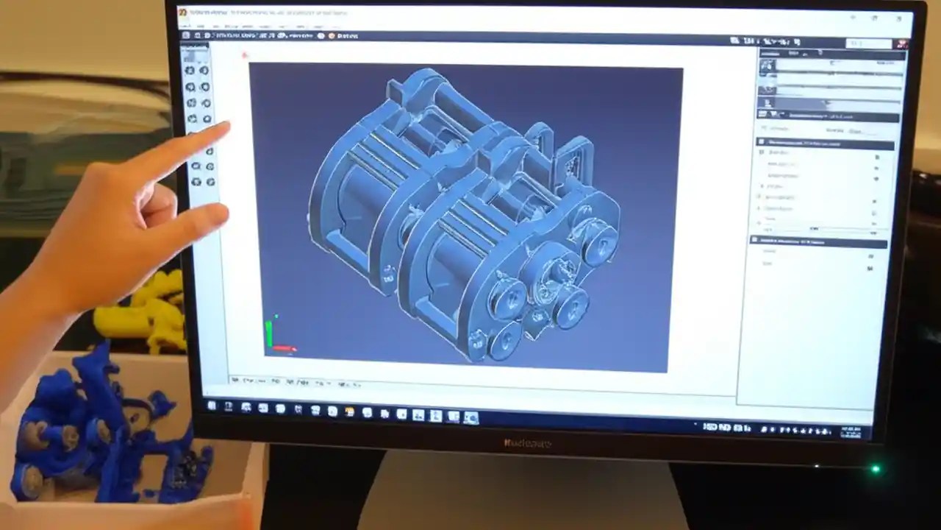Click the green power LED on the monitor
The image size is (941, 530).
(x=875, y=469)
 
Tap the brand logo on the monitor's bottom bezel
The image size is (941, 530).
(x=527, y=443)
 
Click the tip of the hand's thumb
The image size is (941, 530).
(x=221, y=214)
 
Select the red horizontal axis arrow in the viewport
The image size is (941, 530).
(x=285, y=348)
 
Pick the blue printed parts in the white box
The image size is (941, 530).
(x=96, y=434)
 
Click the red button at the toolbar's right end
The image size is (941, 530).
(x=901, y=43)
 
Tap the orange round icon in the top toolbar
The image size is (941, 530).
(x=332, y=35)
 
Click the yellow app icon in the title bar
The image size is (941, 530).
(x=182, y=13)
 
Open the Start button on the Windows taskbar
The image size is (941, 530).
(x=212, y=406)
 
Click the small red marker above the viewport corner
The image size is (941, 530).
(x=245, y=54)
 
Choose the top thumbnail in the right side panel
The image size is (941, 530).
(x=768, y=66)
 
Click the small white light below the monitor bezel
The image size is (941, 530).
(x=817, y=465)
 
